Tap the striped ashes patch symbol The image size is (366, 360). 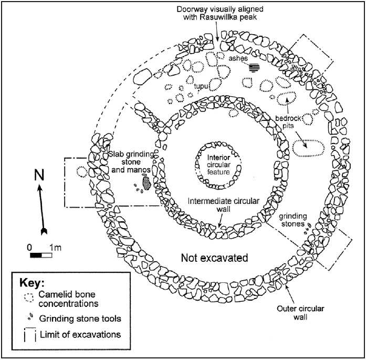pyautogui.click(x=255, y=67)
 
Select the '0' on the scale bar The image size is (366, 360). pyautogui.click(x=30, y=246)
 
